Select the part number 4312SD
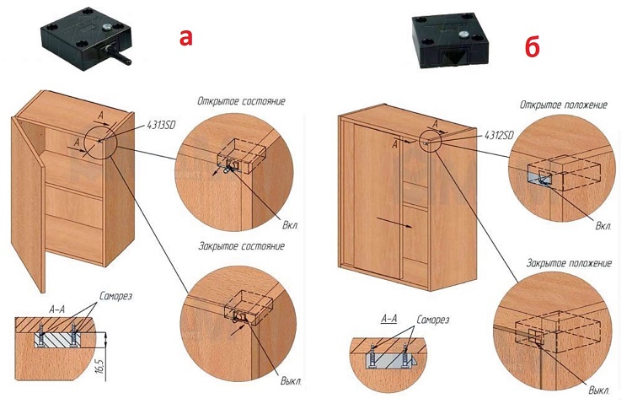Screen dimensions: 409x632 (501, 135)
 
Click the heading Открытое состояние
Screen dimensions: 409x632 (240, 101)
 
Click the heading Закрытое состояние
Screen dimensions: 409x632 (240, 246)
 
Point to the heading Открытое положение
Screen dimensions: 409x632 (563, 105)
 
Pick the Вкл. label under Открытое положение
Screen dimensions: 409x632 (603, 227)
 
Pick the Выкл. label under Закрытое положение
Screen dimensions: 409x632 (599, 390)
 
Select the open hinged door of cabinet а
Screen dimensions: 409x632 (29, 211)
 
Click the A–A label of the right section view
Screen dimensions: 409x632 (388, 319)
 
